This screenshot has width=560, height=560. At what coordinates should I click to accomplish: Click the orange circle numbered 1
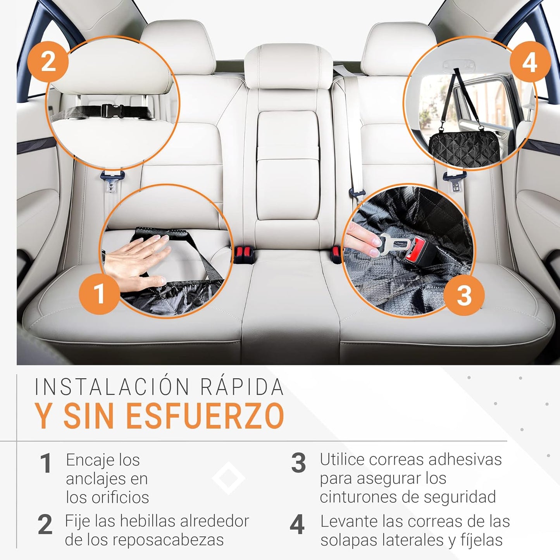99,293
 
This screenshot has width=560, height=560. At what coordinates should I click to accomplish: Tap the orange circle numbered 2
48,62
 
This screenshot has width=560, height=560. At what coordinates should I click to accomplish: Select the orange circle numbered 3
464,295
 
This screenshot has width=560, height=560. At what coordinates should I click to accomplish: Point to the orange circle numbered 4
530,62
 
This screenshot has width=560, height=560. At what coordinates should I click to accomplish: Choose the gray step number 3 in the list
298,463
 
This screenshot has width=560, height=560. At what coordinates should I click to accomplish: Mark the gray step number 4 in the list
297,525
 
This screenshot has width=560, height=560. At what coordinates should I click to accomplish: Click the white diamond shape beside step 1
228,478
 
